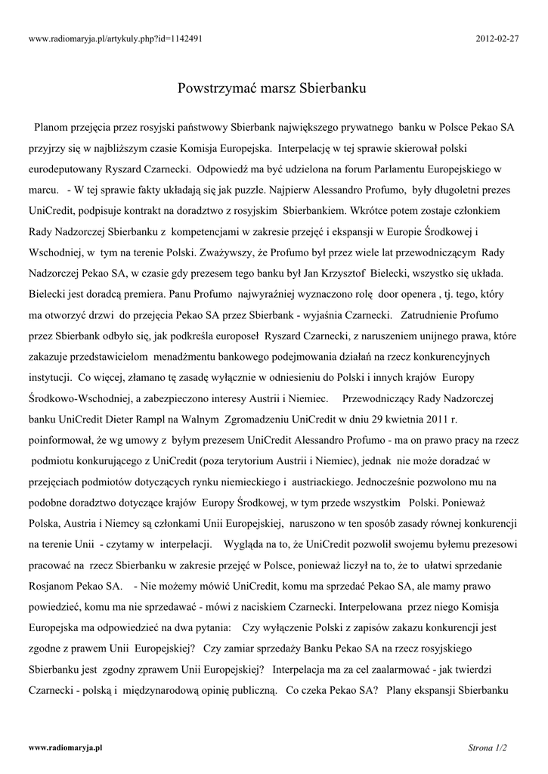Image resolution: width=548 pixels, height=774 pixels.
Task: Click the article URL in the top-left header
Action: click(x=116, y=38)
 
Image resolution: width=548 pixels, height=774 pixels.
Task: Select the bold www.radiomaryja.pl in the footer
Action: click(x=65, y=747)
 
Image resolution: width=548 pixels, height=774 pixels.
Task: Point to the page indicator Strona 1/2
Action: click(x=488, y=748)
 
